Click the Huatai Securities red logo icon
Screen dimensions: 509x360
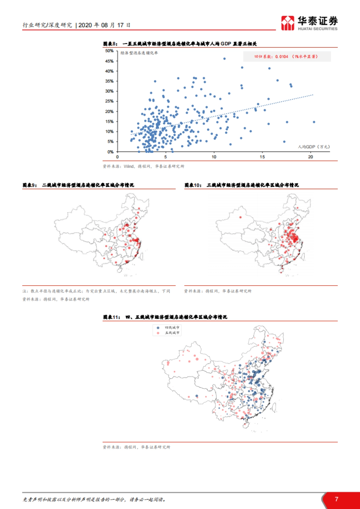tap(287, 23)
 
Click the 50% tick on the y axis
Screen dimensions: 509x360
tap(109, 51)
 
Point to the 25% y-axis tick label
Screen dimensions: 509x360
tap(109, 101)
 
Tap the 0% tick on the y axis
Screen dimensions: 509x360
tap(110, 152)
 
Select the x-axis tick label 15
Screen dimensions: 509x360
tap(262, 157)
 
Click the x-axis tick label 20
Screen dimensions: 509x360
tap(310, 157)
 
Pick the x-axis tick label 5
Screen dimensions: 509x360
tap(166, 157)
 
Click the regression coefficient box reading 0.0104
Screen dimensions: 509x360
tap(286, 56)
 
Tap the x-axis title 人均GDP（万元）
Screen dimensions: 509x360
tap(314, 147)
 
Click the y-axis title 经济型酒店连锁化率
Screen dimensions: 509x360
tap(139, 53)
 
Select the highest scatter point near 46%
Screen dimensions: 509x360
tap(224, 59)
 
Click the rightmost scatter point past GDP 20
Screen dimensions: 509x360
tap(314, 122)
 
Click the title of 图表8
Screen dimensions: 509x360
tap(180, 44)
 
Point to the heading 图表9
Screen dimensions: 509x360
tap(78, 185)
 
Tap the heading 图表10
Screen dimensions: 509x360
tap(241, 185)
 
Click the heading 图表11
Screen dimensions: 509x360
tap(165, 317)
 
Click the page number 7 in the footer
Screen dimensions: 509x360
tap(337, 499)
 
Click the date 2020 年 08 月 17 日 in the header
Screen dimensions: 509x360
tap(104, 25)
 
